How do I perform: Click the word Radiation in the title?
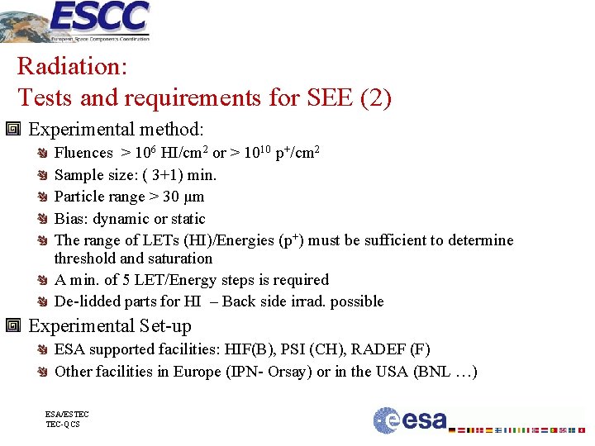point(70,65)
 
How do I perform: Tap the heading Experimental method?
point(116,130)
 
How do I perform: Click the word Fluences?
point(83,153)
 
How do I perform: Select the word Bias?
point(69,219)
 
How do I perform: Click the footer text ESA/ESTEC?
point(68,414)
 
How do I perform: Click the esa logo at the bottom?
point(410,420)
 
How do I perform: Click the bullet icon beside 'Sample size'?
point(41,175)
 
